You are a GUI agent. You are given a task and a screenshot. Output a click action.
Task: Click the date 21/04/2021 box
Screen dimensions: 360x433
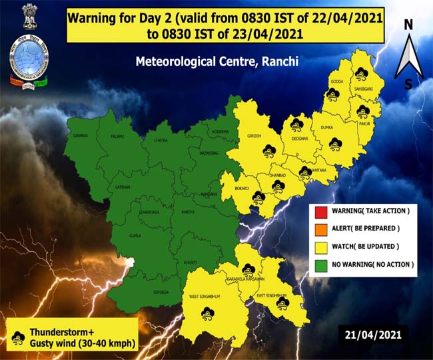coord(373,333)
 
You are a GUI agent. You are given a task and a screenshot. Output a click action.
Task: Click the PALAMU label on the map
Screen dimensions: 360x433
coord(117,137)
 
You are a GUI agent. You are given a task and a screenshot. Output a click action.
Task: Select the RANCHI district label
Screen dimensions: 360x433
coord(187,212)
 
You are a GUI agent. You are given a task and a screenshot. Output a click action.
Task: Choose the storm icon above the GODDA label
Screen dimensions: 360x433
coord(361,73)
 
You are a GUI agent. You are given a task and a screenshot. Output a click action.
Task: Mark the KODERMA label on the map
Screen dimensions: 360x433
coord(220,132)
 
